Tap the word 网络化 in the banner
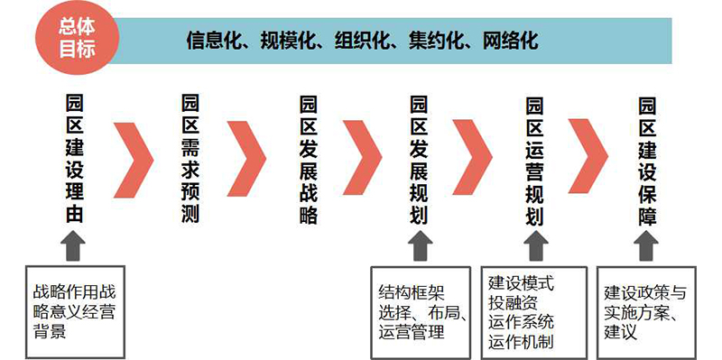pyautogui.click(x=510, y=41)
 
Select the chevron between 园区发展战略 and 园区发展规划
pyautogui.click(x=366, y=156)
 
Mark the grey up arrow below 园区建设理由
pyautogui.click(x=75, y=245)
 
